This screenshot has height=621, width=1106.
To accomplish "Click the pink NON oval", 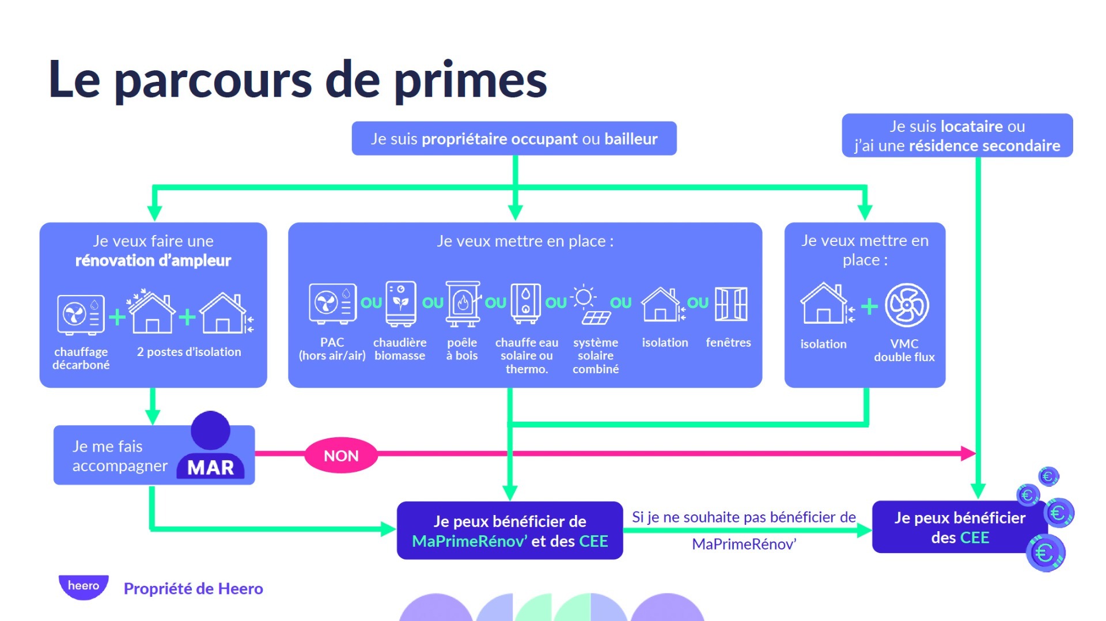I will [x=341, y=456].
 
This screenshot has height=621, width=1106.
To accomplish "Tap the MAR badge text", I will [x=211, y=468].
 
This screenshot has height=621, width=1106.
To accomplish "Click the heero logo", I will [x=84, y=586].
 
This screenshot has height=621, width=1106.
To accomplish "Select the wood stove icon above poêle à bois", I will [x=462, y=304].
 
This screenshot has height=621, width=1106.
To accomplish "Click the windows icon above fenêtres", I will [x=730, y=304].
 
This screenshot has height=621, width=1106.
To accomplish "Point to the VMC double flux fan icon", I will [x=907, y=305].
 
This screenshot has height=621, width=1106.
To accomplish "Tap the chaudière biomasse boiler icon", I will [x=401, y=304].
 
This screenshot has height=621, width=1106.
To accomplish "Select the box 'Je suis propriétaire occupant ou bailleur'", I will [x=514, y=138].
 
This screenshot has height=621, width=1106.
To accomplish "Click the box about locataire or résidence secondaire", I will [x=957, y=135].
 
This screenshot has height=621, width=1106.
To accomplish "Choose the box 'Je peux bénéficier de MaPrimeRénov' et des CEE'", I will [x=510, y=531].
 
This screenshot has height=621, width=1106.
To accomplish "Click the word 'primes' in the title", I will [x=470, y=80].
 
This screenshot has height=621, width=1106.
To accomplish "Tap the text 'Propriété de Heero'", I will [x=193, y=589].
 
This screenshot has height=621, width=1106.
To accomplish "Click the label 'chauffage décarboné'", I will [x=81, y=358].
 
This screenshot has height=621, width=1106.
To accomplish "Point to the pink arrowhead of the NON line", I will [x=968, y=453].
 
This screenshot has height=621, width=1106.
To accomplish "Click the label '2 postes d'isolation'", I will [x=189, y=352].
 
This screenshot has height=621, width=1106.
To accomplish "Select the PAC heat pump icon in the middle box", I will [x=332, y=303].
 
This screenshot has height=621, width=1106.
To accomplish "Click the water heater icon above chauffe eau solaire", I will [x=526, y=303].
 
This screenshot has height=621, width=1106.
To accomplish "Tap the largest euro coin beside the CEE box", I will [x=1046, y=553].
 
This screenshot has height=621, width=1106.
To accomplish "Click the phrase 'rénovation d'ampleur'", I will [x=153, y=260].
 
